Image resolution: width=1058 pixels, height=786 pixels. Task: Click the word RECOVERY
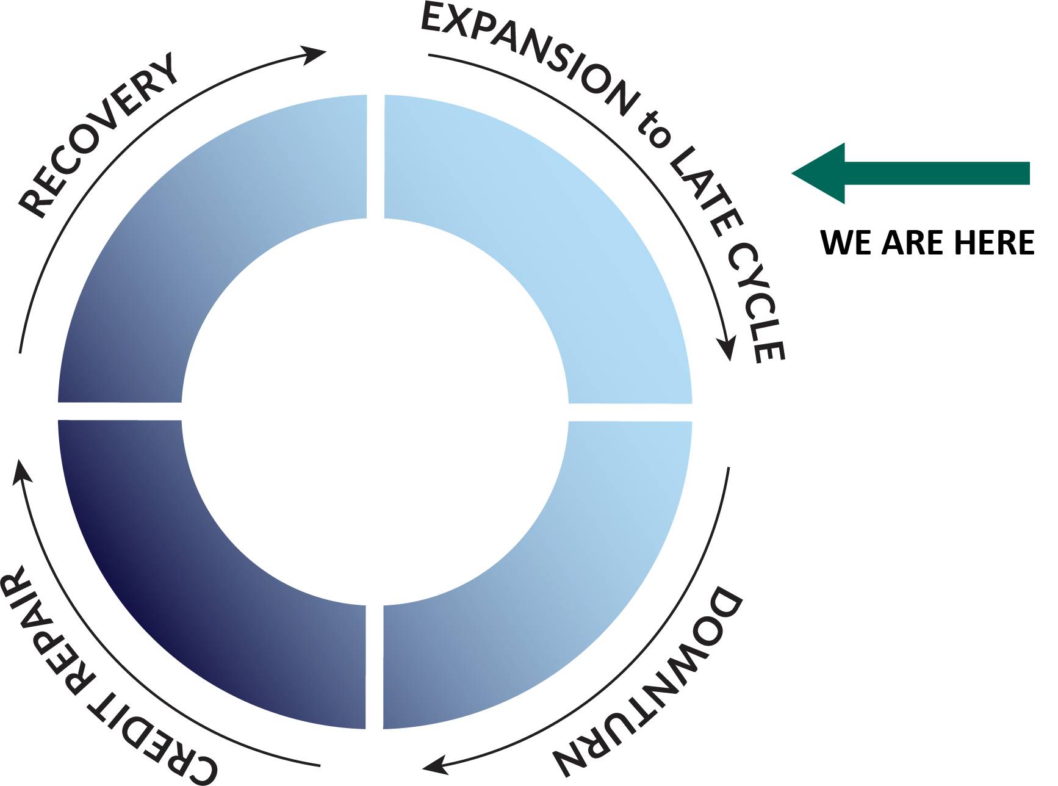coord(98,135)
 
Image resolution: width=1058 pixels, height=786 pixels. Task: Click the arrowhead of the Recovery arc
coord(316,55)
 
